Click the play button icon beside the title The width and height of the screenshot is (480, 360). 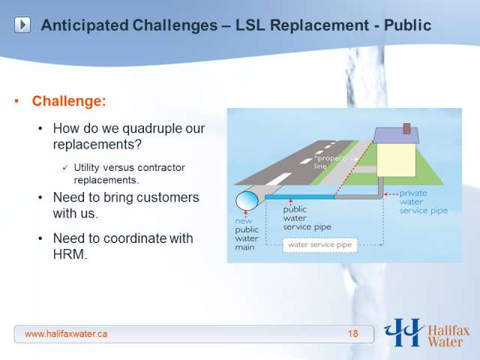(22, 25)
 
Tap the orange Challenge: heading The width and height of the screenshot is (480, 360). (69, 101)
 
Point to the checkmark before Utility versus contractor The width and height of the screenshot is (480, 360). (65, 168)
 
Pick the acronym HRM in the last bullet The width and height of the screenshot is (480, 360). (70, 254)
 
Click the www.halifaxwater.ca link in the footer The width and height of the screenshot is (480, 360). (66, 334)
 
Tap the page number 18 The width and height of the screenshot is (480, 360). (352, 334)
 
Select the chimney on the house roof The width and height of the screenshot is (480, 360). (406, 128)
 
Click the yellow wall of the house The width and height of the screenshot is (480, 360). (396, 160)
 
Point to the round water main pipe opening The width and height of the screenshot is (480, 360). (247, 201)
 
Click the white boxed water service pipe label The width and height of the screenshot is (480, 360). (320, 245)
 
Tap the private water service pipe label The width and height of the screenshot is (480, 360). (423, 202)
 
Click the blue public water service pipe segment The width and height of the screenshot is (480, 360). (300, 196)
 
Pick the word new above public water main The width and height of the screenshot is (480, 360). (244, 220)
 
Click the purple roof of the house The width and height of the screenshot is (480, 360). (397, 135)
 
